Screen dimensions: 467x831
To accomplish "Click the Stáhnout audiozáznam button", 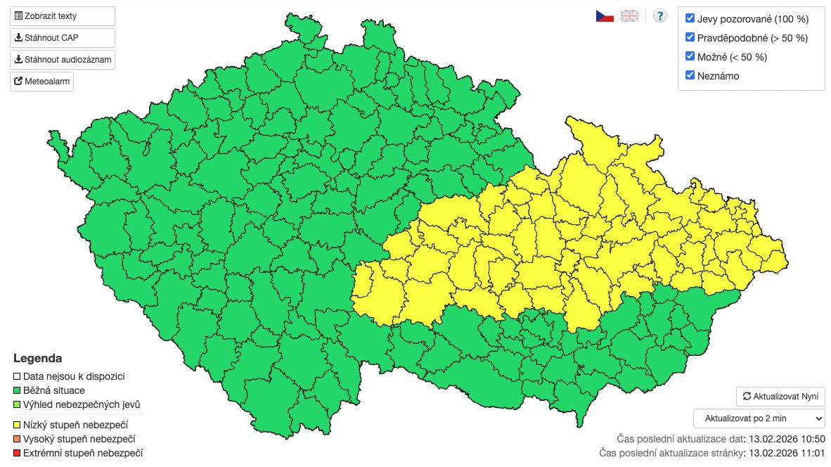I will coord(62,60).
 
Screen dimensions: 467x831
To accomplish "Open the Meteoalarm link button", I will coord(41,82).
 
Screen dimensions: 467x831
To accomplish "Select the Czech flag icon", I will coord(605,15).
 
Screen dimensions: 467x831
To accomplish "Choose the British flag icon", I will coord(629,15).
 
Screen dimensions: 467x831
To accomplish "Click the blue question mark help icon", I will coord(659,15).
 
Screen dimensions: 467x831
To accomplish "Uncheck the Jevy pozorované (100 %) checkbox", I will coord(690,18).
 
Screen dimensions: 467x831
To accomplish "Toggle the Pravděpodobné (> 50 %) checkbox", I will coord(690,37).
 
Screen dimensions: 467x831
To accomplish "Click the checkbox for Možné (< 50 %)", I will coord(690,56).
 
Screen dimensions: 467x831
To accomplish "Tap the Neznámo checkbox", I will coord(690,75).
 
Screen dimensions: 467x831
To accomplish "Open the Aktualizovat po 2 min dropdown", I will coord(759,418).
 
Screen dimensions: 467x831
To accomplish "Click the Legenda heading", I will coord(37,358).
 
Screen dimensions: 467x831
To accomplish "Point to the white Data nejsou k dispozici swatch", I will coord(18,376).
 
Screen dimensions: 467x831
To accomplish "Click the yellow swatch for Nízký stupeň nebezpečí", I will coord(18,425).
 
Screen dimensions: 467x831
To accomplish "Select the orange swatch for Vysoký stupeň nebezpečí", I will coord(18,439).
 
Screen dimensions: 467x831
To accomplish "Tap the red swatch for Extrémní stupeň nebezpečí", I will coord(18,453).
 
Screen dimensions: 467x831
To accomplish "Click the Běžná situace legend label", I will coord(54,390).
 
